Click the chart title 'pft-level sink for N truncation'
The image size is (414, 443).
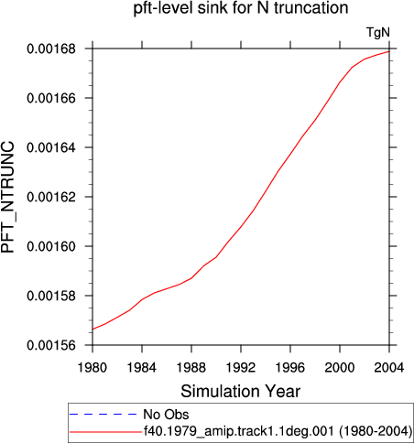tap(241, 8)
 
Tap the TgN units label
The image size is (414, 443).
tap(378, 33)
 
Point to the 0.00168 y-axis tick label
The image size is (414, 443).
tap(51, 49)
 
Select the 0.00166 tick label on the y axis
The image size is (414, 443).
tap(51, 98)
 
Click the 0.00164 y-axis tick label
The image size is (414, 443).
tap(51, 147)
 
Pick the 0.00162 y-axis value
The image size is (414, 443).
tap(51, 197)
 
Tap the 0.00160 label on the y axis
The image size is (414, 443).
tap(51, 246)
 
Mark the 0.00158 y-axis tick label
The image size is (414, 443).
tap(51, 296)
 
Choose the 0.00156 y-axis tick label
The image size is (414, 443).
tap(51, 345)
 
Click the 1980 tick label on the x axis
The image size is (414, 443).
tap(93, 368)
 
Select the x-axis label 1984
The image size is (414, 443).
tap(142, 368)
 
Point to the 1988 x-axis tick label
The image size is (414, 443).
tap(191, 368)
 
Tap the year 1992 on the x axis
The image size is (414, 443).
tap(241, 368)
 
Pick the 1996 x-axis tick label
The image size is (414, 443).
tap(290, 368)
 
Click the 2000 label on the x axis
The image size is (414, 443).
tap(340, 368)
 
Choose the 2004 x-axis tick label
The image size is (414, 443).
tap(389, 368)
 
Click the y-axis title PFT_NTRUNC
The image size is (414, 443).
tap(8, 197)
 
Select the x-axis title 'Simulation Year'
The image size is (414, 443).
tap(241, 392)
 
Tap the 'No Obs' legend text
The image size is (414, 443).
tap(166, 415)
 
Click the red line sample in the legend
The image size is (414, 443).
tap(105, 432)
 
